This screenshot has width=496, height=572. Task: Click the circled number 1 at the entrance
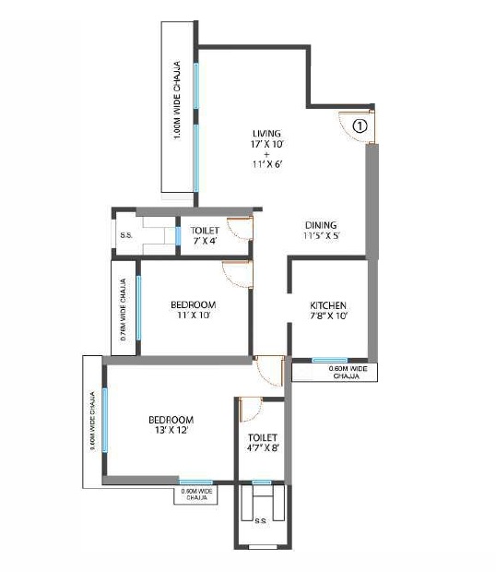pos(360,125)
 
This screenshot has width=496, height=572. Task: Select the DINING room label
pos(321,225)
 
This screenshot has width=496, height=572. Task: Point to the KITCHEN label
pos(328,305)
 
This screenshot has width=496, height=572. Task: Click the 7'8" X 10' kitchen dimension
pos(328,316)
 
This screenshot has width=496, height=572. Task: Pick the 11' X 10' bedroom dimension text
pos(193,316)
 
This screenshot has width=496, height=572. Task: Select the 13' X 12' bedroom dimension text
pos(171,431)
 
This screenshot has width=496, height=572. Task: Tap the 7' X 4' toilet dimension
pos(204,241)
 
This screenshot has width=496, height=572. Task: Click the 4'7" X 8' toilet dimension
pos(263,449)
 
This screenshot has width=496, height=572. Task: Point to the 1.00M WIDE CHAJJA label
pos(177,101)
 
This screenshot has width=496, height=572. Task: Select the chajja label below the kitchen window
pos(346,373)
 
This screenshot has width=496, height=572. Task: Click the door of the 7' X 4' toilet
pos(240,229)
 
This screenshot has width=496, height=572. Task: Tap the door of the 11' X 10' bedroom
pos(237,274)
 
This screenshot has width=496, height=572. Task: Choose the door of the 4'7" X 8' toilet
pos(250,411)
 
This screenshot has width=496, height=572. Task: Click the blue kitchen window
pos(329,360)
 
